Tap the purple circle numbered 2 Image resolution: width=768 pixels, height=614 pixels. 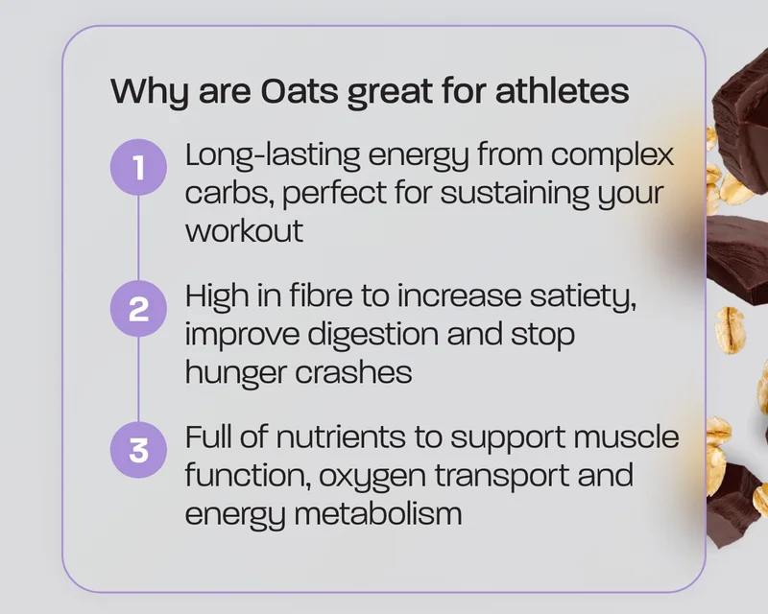click(138, 309)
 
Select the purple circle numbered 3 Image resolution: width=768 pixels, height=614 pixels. click(138, 450)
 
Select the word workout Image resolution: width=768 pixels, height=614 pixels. click(245, 230)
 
